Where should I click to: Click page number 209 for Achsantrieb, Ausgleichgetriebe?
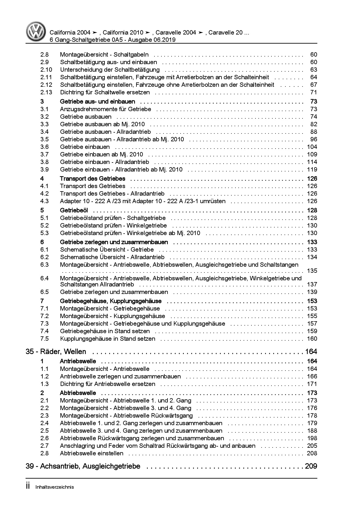pos(311,466)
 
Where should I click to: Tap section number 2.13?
pos(46,92)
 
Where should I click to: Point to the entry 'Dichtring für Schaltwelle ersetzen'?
pos(105,92)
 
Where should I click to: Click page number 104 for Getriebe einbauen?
pos(312,147)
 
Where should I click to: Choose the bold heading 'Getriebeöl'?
pos(74,210)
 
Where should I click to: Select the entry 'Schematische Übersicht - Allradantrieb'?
pos(112,257)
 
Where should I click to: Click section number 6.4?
pos(44,278)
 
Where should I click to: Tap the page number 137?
pos(312,284)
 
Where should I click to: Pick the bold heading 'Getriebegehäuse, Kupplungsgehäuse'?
pos(111,301)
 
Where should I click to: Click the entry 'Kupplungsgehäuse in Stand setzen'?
pos(107,339)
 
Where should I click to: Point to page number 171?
pos(312,384)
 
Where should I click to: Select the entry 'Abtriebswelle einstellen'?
pos(91,453)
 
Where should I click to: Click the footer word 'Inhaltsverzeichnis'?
pos(55,487)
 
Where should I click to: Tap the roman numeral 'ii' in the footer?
pos(28,486)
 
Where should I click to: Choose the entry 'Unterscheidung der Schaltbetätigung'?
pos(110,70)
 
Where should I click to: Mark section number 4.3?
pos(44,201)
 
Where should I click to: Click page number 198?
pos(312,438)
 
